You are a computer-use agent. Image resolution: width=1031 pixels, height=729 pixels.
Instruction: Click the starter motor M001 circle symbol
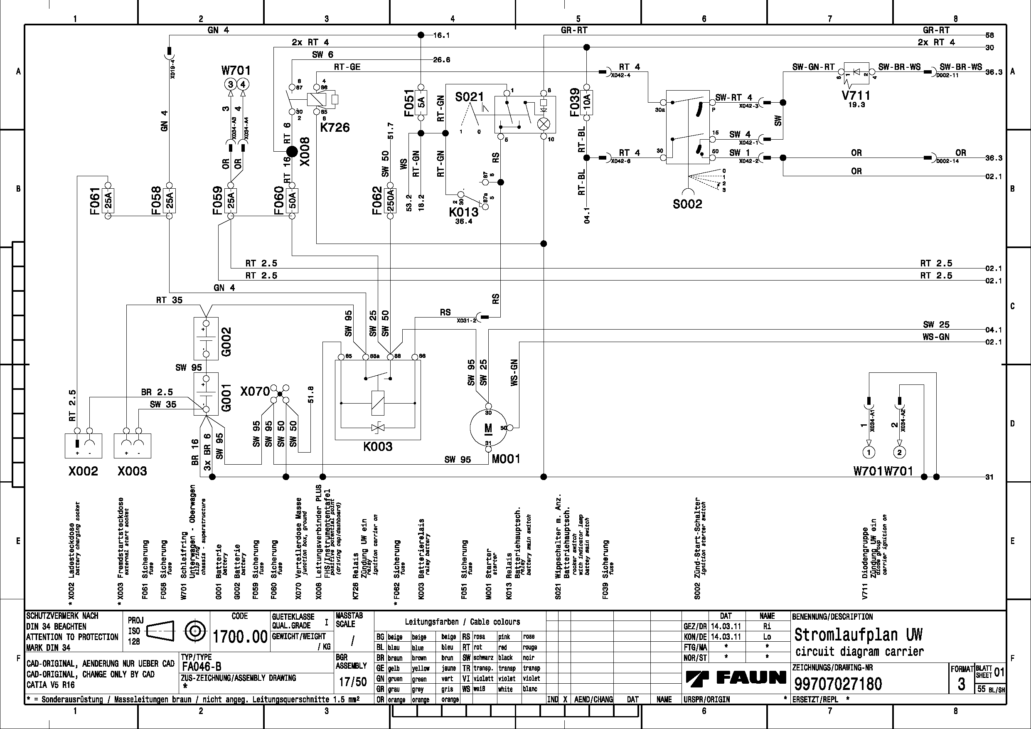(488, 428)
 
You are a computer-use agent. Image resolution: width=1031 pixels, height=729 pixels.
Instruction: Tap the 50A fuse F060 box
(292, 200)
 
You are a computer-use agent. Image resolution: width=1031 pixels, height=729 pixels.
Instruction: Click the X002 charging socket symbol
(83, 445)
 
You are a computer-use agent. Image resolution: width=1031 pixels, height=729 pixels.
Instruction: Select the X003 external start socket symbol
(133, 445)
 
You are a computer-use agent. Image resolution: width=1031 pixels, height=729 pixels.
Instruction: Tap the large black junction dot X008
(292, 152)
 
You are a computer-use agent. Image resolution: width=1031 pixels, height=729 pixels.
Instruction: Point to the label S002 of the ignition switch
(687, 204)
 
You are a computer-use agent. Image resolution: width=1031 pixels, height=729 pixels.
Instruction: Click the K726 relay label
(335, 128)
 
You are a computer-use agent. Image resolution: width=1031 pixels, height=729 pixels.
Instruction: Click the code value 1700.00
(240, 636)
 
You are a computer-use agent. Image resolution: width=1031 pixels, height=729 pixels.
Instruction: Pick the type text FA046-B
(202, 667)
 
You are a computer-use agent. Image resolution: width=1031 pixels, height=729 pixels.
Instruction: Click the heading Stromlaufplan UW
(858, 635)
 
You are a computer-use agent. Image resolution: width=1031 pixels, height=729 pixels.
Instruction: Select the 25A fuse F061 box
(108, 200)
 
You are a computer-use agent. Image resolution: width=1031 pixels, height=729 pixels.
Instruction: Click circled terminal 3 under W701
(230, 84)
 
